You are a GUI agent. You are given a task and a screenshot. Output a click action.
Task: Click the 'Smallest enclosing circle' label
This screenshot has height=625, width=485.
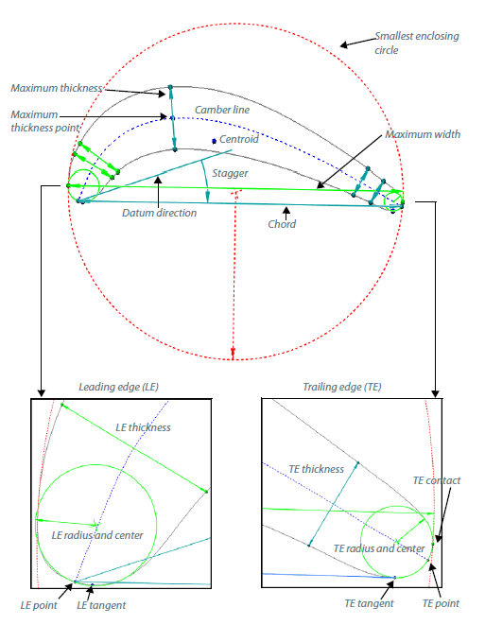pyautogui.click(x=416, y=43)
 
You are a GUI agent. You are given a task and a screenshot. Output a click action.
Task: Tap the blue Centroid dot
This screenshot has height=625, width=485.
pyautogui.click(x=214, y=141)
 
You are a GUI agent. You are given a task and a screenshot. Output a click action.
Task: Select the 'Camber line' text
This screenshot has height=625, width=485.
pyautogui.click(x=222, y=110)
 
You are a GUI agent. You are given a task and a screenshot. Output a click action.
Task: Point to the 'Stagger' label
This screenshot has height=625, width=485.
pyautogui.click(x=230, y=173)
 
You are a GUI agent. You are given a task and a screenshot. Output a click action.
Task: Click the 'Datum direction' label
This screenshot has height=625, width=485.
pyautogui.click(x=160, y=213)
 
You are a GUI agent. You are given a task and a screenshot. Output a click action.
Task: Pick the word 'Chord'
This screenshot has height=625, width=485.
pyautogui.click(x=282, y=224)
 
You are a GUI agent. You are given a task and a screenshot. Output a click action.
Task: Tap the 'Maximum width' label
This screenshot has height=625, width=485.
pyautogui.click(x=423, y=134)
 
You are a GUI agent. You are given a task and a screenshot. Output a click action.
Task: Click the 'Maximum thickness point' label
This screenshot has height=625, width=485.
pyautogui.click(x=45, y=121)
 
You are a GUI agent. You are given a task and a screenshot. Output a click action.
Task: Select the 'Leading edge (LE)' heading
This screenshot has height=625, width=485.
pyautogui.click(x=119, y=387)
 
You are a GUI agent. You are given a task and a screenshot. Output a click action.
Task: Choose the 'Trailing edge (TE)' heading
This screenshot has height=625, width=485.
pyautogui.click(x=342, y=387)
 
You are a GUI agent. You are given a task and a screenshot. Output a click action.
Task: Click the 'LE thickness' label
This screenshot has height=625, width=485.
pyautogui.click(x=143, y=427)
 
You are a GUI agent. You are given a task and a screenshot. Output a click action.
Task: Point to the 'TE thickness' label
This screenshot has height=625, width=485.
pyautogui.click(x=317, y=469)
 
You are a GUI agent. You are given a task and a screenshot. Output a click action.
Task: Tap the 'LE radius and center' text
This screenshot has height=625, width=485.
pyautogui.click(x=97, y=535)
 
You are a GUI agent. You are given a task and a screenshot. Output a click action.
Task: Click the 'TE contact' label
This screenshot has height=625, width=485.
pyautogui.click(x=437, y=480)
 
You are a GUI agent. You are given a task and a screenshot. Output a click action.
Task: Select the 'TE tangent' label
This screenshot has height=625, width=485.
pyautogui.click(x=369, y=603)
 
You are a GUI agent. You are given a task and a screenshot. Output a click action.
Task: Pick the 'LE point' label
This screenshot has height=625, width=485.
pyautogui.click(x=39, y=605)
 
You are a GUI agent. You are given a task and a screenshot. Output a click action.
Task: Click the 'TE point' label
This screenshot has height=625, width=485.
pyautogui.click(x=441, y=603)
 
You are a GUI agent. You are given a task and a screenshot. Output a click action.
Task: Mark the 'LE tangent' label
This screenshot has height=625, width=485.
pyautogui.click(x=101, y=605)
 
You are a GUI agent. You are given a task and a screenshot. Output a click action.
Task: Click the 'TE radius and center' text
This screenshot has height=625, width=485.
pyautogui.click(x=379, y=548)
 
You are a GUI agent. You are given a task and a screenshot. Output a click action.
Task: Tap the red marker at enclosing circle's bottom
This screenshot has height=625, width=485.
pyautogui.click(x=234, y=353)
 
